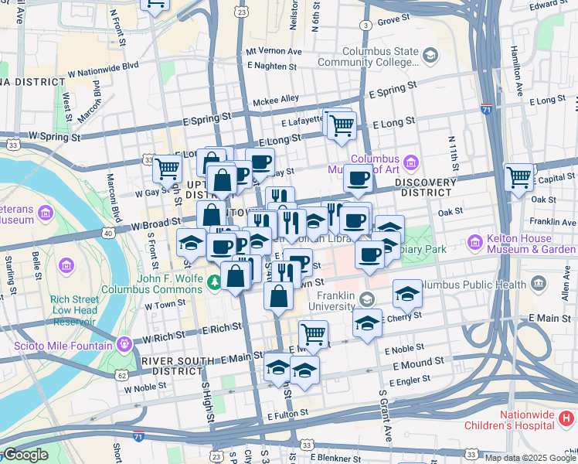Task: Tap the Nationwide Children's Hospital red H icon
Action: coord(565,420)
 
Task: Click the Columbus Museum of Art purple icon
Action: coord(411,163)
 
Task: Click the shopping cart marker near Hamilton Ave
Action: coord(518,176)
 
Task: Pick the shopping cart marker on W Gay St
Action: coord(167,169)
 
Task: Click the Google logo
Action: coord(25,455)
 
